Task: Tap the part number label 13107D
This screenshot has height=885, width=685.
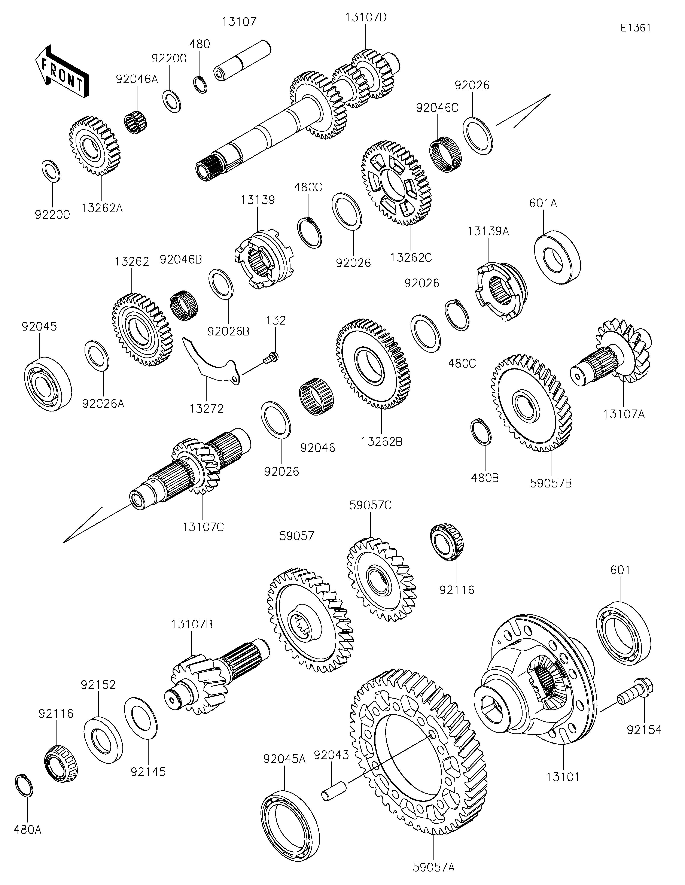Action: point(366,18)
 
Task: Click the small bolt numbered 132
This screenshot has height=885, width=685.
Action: point(271,358)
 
